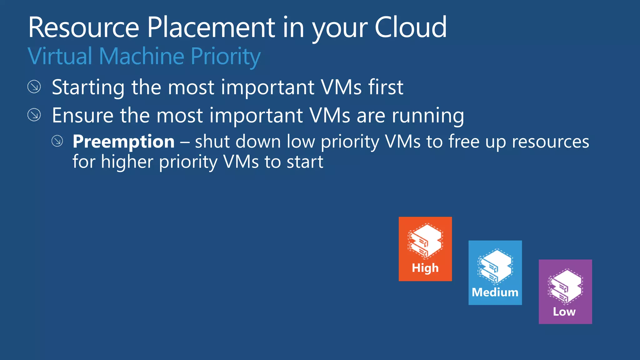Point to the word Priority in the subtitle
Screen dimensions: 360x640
[x=225, y=57]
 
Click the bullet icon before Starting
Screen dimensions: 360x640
[x=34, y=87]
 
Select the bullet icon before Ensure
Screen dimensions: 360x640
[x=34, y=115]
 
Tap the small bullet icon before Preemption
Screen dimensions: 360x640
[x=57, y=141]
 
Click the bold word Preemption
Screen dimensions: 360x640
[x=123, y=142]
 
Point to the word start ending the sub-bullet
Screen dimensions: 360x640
[x=305, y=162]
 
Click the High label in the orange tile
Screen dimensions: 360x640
[x=425, y=268]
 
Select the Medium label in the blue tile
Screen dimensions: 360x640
[x=495, y=292]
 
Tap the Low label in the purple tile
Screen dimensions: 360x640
[x=564, y=312]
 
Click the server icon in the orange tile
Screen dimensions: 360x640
[x=425, y=241]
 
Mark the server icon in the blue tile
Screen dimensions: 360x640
[x=495, y=266]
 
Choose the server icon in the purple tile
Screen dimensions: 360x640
[x=565, y=286]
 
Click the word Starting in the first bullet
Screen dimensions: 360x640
[x=88, y=87]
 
